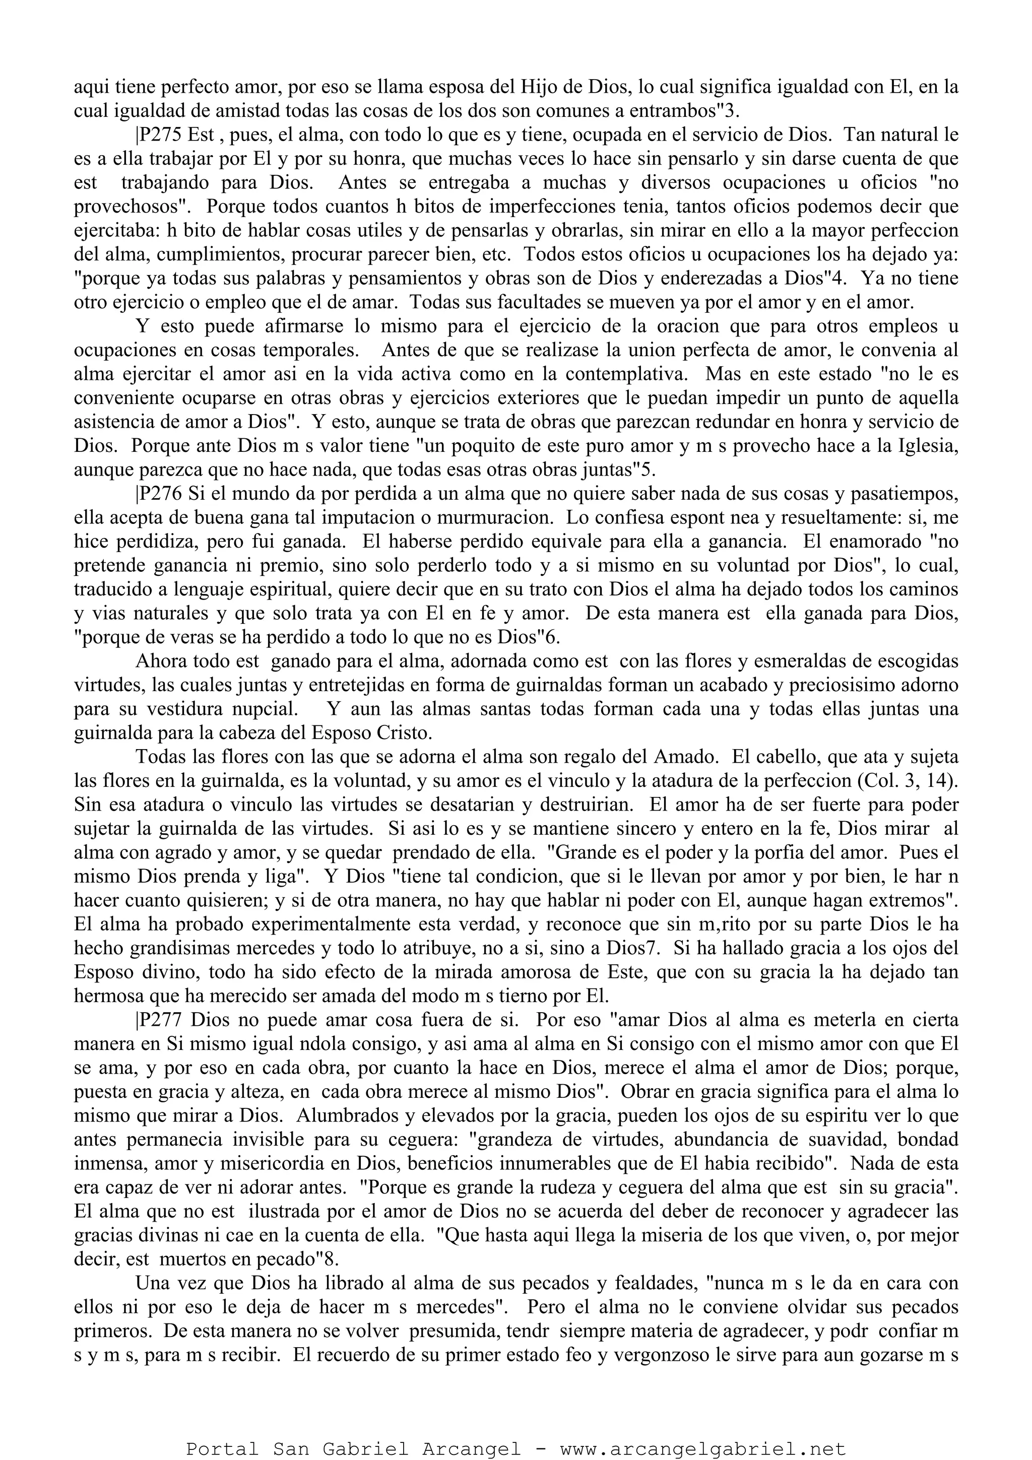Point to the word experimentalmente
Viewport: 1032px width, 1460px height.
(x=313, y=924)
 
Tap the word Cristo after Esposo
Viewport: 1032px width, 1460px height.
(x=404, y=733)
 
